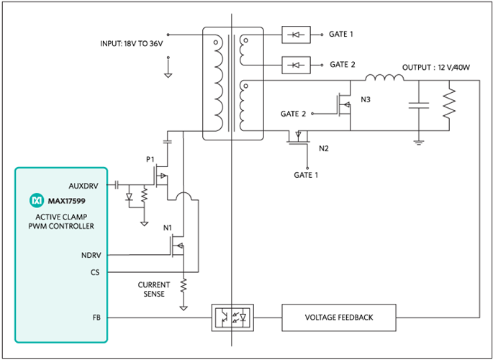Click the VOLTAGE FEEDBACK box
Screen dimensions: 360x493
click(339, 318)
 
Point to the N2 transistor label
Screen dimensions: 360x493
click(323, 148)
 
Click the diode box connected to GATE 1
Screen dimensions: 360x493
click(297, 34)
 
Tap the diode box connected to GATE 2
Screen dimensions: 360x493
click(297, 64)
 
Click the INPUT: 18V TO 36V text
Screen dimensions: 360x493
click(132, 45)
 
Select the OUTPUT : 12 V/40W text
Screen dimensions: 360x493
click(437, 67)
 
